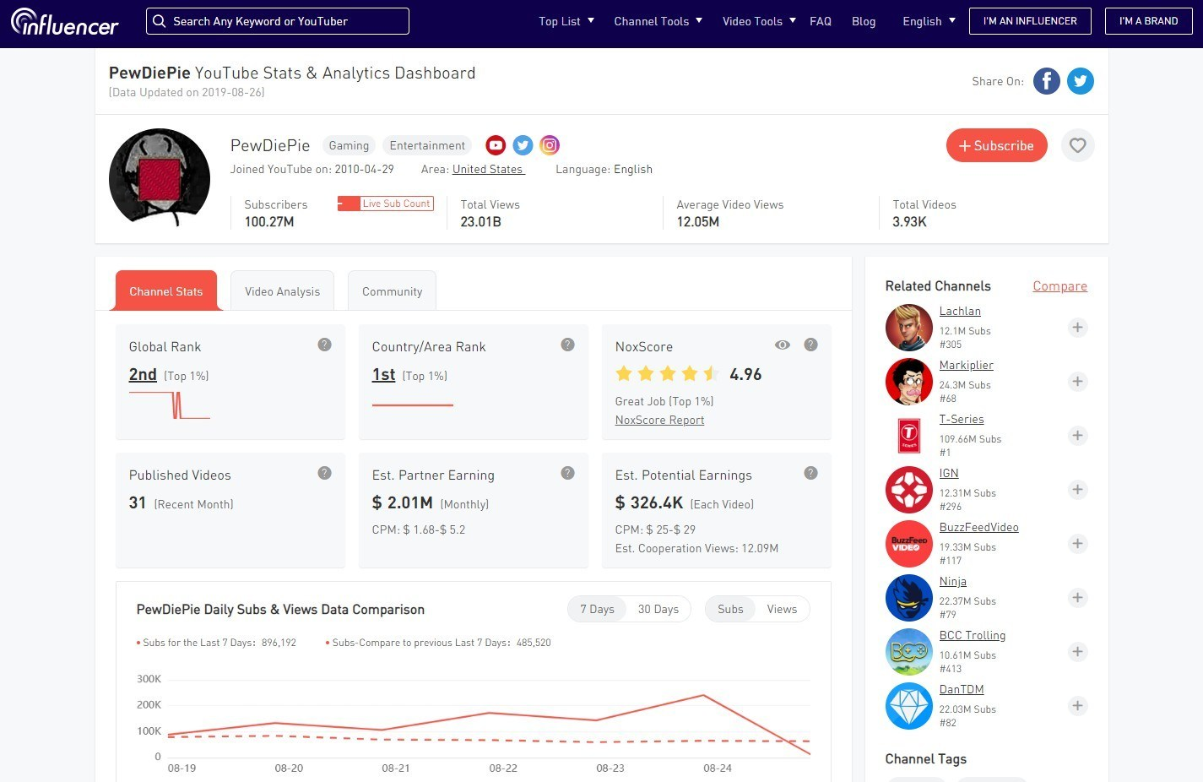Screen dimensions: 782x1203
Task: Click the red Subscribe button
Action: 996,145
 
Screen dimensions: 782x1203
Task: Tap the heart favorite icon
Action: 1077,145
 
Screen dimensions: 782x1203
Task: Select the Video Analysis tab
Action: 282,291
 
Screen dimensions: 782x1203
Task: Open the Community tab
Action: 392,291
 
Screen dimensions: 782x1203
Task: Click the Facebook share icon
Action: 1046,81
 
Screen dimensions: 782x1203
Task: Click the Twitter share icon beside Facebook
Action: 1080,81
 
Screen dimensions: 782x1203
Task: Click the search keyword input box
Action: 278,21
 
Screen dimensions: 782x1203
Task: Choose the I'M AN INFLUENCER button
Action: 1030,21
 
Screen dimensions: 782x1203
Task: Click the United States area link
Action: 488,169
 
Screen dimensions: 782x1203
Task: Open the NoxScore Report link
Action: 659,420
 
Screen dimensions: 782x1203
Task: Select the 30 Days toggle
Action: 658,609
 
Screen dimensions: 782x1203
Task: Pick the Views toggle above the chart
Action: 782,609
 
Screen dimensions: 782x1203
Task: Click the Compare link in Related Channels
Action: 1059,286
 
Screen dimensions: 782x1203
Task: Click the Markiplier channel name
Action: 966,365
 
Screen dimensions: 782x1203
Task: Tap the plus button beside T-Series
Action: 1077,436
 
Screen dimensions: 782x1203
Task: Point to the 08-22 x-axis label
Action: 503,768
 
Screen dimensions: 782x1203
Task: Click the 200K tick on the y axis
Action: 149,704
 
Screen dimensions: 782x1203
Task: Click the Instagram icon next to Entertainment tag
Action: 550,145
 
